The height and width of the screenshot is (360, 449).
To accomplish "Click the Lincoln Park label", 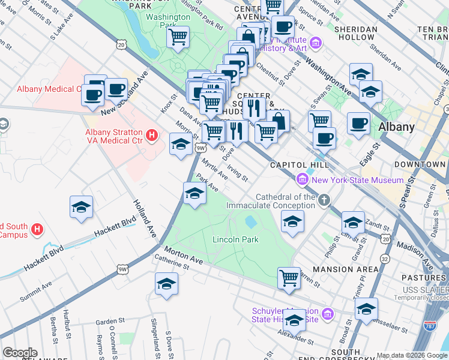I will pyautogui.click(x=235, y=239).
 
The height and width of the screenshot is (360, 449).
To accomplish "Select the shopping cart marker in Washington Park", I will pyautogui.click(x=178, y=37).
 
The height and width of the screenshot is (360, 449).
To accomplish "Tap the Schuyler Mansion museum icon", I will pyautogui.click(x=328, y=314).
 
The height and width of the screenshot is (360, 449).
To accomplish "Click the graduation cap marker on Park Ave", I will pyautogui.click(x=194, y=194).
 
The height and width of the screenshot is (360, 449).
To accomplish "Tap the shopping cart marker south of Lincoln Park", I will pyautogui.click(x=289, y=278).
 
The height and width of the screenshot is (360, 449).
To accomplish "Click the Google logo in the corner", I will pyautogui.click(x=20, y=353).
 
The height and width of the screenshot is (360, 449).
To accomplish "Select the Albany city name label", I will pyautogui.click(x=396, y=127).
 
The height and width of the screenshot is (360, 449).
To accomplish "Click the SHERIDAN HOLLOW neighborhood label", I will pyautogui.click(x=355, y=33).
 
